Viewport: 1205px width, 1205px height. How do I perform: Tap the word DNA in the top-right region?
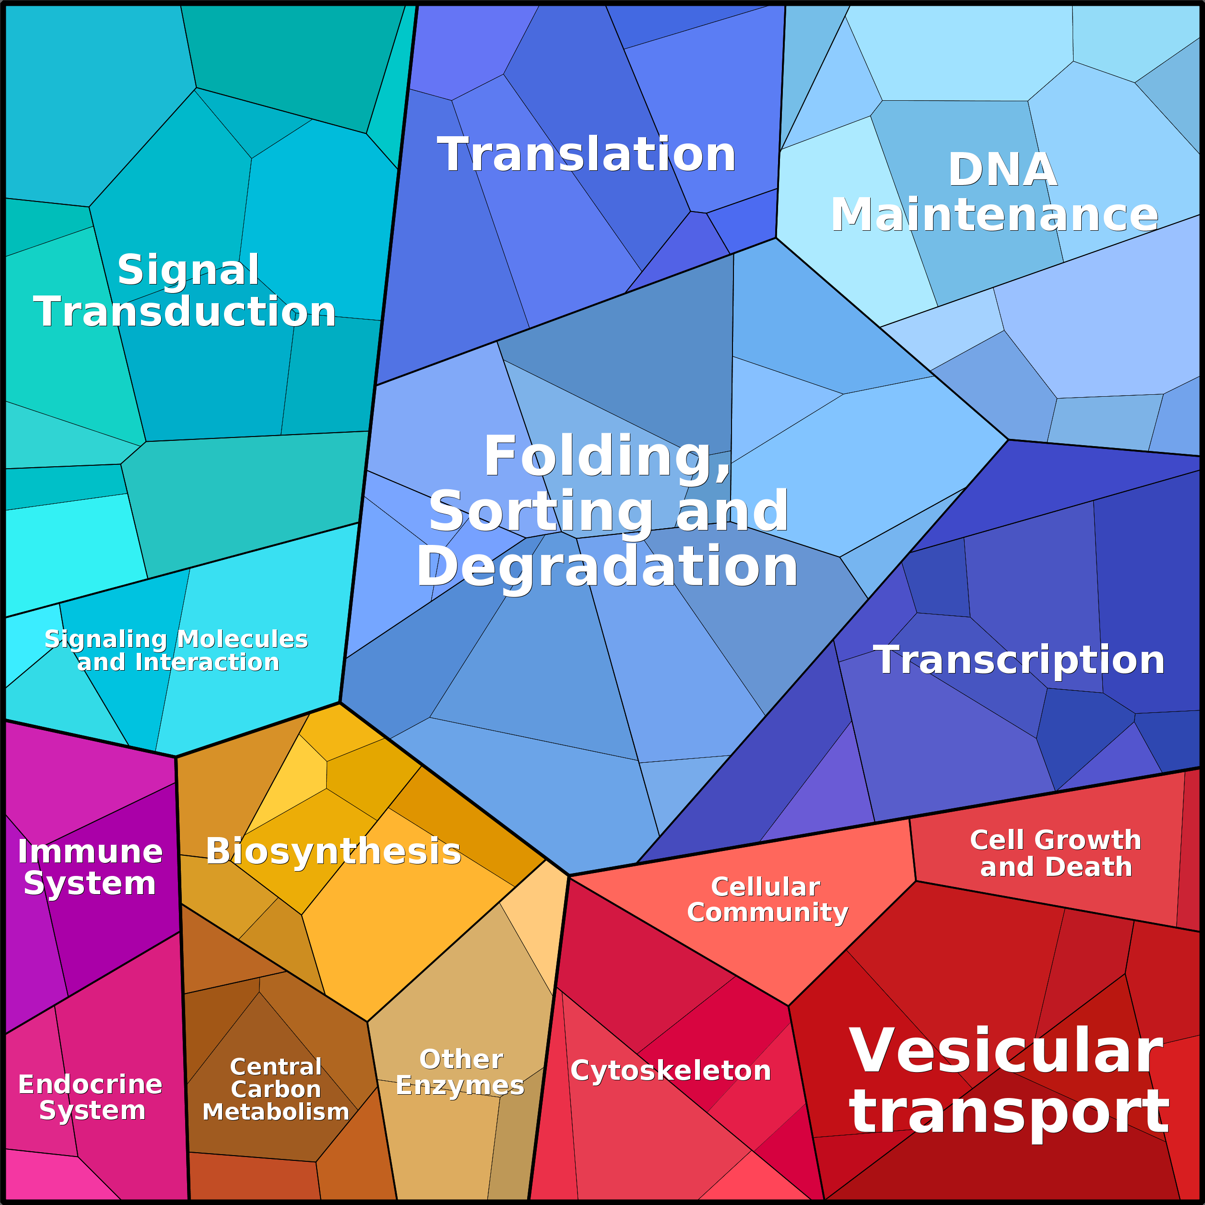1002,170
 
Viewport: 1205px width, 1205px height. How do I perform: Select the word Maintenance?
994,214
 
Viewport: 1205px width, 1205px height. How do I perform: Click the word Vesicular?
1006,1051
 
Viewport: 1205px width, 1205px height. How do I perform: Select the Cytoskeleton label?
671,1071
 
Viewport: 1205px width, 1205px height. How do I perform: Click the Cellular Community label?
767,899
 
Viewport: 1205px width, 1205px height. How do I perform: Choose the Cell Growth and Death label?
1055,853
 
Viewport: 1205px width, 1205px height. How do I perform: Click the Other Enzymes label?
461,1072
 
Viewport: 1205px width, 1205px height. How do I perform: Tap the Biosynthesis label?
334,851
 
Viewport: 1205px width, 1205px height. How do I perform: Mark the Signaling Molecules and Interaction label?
177,650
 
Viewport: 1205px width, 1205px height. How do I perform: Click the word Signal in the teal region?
189,270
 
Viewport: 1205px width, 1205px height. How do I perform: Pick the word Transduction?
185,311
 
